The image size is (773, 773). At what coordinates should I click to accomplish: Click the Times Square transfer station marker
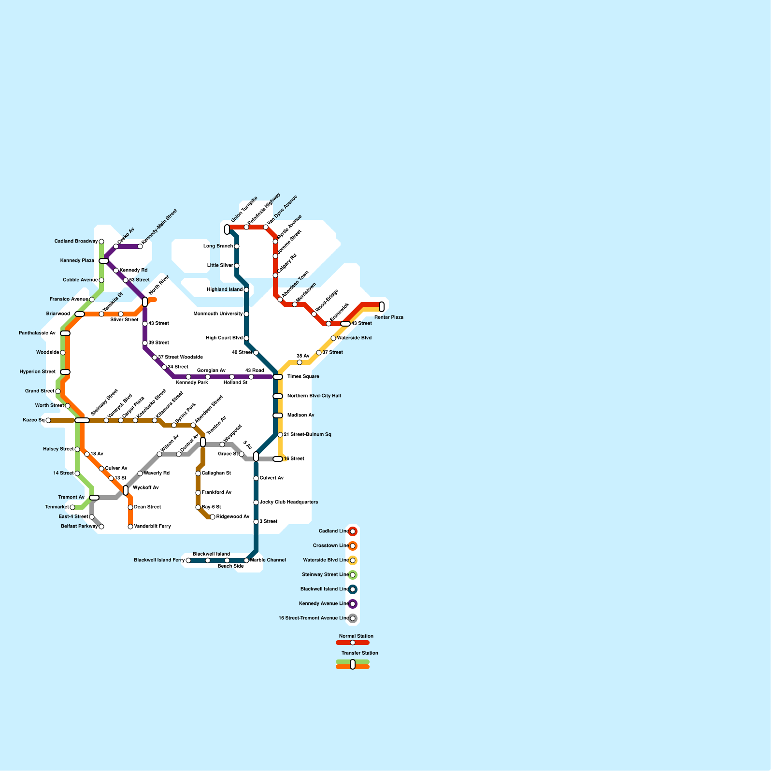pyautogui.click(x=278, y=377)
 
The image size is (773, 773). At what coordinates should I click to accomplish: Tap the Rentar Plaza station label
pyautogui.click(x=388, y=317)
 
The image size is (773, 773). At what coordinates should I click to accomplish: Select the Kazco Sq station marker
pyautogui.click(x=48, y=420)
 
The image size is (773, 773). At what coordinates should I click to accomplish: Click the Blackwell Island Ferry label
pyautogui.click(x=159, y=560)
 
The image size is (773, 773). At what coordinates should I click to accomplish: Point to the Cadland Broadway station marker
pyautogui.click(x=101, y=242)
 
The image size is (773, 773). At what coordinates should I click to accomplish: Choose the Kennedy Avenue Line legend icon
pyautogui.click(x=353, y=604)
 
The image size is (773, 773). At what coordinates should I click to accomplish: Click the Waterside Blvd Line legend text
pyautogui.click(x=325, y=560)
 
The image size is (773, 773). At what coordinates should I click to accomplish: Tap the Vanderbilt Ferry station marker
pyautogui.click(x=130, y=527)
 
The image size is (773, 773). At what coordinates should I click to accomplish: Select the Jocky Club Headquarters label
pyautogui.click(x=288, y=502)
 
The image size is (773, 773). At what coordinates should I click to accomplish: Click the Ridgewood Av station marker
pyautogui.click(x=213, y=517)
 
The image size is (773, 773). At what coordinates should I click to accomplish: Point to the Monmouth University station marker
pyautogui.click(x=246, y=314)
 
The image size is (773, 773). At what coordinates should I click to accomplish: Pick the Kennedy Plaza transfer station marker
pyautogui.click(x=104, y=261)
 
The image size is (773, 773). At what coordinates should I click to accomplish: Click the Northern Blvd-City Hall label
pyautogui.click(x=314, y=396)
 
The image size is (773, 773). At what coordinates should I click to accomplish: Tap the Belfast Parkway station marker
pyautogui.click(x=101, y=527)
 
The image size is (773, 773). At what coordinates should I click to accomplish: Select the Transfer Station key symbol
pyautogui.click(x=353, y=664)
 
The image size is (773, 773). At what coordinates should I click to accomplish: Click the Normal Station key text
pyautogui.click(x=356, y=636)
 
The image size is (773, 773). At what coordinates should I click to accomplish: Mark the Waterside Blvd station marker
pyautogui.click(x=333, y=338)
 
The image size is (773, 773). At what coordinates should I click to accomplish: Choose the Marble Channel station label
pyautogui.click(x=268, y=560)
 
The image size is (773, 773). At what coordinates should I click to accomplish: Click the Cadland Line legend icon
pyautogui.click(x=353, y=531)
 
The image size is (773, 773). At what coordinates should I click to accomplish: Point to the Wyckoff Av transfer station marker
pyautogui.click(x=126, y=490)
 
